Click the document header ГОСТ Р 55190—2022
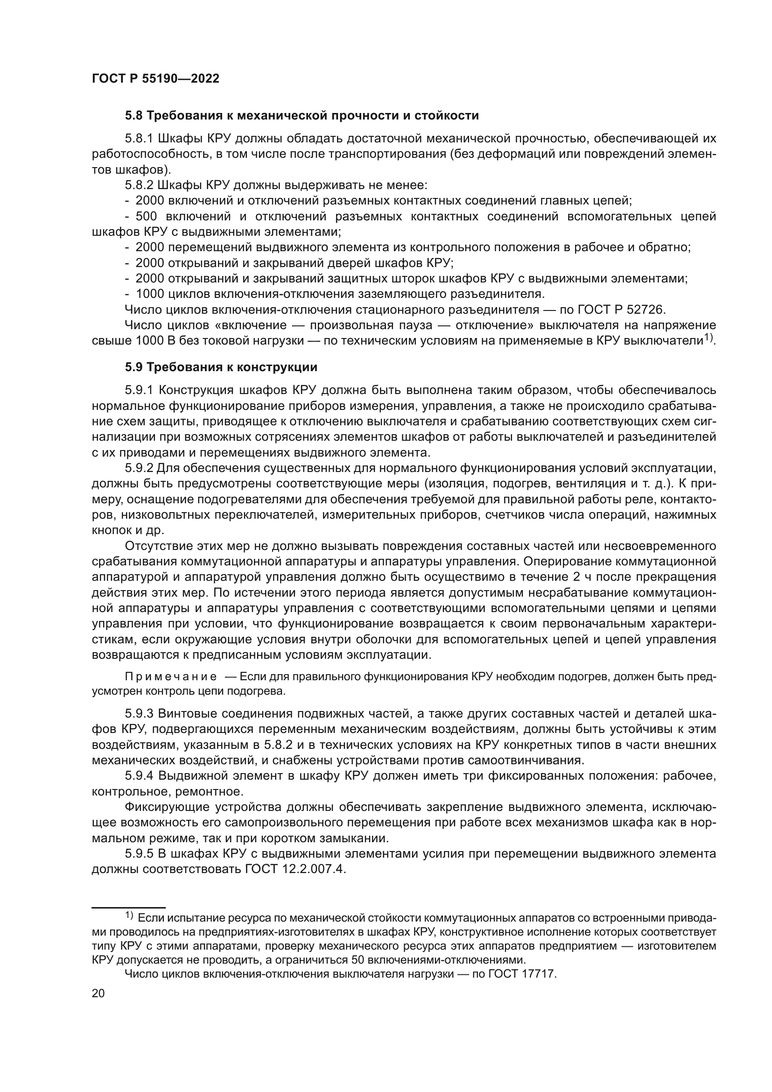point(155,79)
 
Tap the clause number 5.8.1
point(139,139)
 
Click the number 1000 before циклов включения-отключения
point(149,293)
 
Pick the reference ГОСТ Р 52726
point(621,309)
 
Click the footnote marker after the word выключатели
point(709,337)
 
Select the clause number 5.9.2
point(139,468)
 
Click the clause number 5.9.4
point(139,776)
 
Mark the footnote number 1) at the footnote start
point(129,915)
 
